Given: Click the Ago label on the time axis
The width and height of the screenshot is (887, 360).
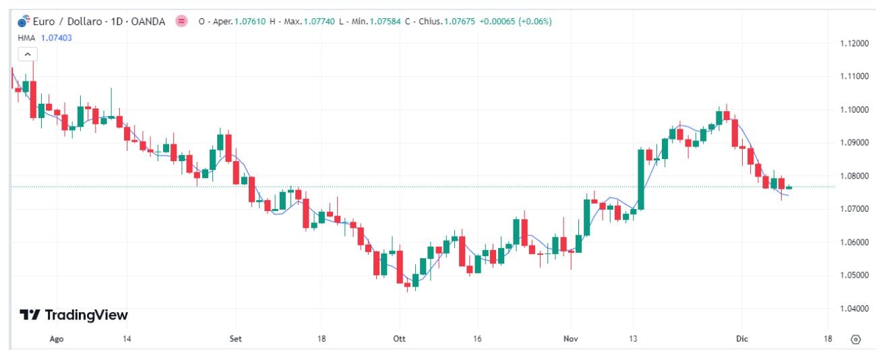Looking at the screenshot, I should (x=57, y=338).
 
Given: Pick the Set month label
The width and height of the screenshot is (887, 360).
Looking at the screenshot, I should (x=236, y=338).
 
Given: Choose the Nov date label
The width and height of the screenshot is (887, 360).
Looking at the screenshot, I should (x=571, y=338).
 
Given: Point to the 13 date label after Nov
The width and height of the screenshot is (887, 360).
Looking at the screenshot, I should (x=634, y=338).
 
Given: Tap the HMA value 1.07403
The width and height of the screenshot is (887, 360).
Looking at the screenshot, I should (x=57, y=38).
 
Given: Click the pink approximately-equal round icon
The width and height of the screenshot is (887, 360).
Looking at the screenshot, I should (x=181, y=22).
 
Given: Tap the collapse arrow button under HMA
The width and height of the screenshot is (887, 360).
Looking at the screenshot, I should (x=27, y=55).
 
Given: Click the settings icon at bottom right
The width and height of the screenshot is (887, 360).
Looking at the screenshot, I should (x=856, y=339).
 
